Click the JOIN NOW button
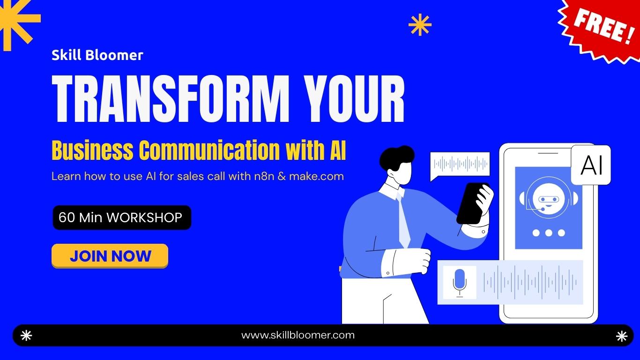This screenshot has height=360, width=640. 110,256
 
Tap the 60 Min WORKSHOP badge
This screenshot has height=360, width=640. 122,217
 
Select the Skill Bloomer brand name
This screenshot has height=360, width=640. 97,55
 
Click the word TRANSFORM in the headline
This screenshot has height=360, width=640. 171,98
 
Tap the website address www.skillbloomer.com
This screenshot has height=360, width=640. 298,335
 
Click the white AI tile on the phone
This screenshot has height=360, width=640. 591,165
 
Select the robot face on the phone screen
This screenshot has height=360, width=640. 549,197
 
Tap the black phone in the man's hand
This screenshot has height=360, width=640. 471,203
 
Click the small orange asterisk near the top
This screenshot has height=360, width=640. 420,25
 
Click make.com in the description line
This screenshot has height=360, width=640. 316,176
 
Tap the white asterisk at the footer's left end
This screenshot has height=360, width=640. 26,335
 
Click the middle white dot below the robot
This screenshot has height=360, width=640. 549,233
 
